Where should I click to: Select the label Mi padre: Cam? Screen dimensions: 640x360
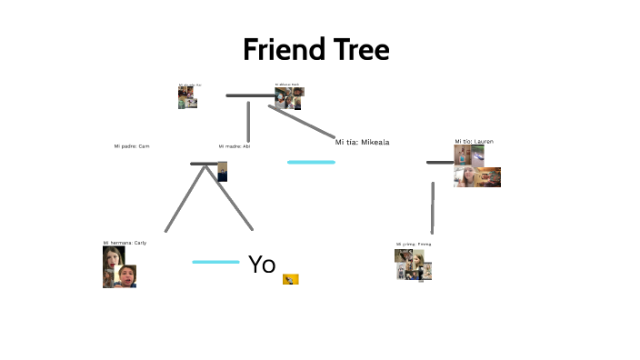pyautogui.click(x=131, y=146)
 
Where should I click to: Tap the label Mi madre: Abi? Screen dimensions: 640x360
pyautogui.click(x=234, y=146)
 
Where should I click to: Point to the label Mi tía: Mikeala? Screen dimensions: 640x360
pyautogui.click(x=362, y=142)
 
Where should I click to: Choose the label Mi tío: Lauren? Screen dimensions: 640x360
pyautogui.click(x=474, y=142)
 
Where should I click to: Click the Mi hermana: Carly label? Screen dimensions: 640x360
pyautogui.click(x=125, y=243)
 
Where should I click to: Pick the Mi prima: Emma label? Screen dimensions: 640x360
pyautogui.click(x=413, y=245)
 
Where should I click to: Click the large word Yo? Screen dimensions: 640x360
pyautogui.click(x=262, y=265)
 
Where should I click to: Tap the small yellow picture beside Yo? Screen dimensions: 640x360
pyautogui.click(x=291, y=279)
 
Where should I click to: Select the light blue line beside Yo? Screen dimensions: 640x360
pyautogui.click(x=215, y=262)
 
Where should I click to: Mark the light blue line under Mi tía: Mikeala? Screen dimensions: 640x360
pyautogui.click(x=311, y=162)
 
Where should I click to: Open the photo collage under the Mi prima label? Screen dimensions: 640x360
pyautogui.click(x=413, y=265)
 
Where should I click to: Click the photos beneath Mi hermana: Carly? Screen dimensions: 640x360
pyautogui.click(x=119, y=268)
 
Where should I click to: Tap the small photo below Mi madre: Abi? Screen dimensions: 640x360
pyautogui.click(x=223, y=171)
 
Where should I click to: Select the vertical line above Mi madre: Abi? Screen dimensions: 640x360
pyautogui.click(x=248, y=121)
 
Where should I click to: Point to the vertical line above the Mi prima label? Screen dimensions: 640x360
pyautogui.click(x=433, y=207)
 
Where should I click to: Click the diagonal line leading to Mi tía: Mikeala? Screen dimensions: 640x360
pyautogui.click(x=303, y=122)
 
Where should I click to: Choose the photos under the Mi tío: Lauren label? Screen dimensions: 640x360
pyautogui.click(x=475, y=166)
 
